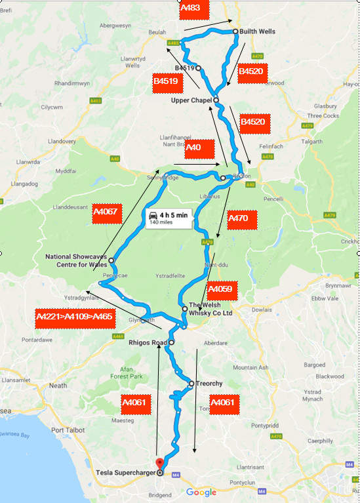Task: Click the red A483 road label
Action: (194, 10)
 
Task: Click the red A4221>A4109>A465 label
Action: (75, 317)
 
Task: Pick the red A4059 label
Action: (223, 288)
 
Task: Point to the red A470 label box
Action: (241, 220)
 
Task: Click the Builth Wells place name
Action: (257, 31)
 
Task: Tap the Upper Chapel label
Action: (190, 100)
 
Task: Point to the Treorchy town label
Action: (210, 384)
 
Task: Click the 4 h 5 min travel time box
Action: (169, 218)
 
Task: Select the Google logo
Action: (200, 493)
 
